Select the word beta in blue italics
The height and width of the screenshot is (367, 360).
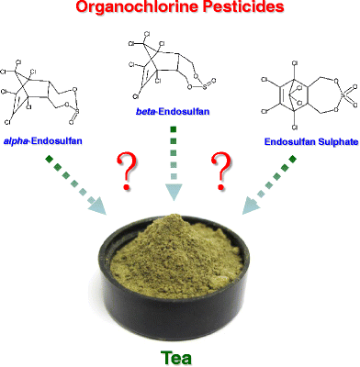coord(147,110)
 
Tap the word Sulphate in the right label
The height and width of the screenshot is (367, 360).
coord(326,142)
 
